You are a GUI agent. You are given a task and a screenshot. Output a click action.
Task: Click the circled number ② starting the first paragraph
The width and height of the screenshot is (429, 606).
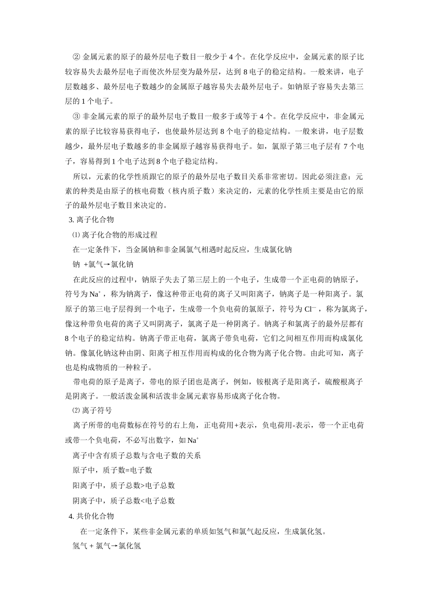tap(76, 57)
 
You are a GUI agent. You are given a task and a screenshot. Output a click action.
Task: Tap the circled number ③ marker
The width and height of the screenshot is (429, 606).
tap(76, 117)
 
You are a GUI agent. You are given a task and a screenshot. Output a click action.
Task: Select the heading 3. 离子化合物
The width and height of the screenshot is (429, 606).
tap(91, 220)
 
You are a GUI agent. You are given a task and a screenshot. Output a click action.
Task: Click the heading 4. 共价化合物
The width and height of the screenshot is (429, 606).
tap(91, 516)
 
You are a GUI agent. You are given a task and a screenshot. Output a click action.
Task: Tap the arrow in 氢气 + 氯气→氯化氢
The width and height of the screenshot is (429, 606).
tap(115, 546)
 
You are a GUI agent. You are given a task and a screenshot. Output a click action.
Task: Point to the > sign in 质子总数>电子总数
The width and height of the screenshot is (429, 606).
tap(142, 486)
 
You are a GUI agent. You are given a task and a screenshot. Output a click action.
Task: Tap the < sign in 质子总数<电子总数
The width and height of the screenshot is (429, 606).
tap(142, 500)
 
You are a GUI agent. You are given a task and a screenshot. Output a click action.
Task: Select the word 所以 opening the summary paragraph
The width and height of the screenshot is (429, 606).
tap(80, 176)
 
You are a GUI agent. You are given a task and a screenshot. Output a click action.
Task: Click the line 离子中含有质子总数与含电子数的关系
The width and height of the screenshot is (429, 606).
tap(137, 455)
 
